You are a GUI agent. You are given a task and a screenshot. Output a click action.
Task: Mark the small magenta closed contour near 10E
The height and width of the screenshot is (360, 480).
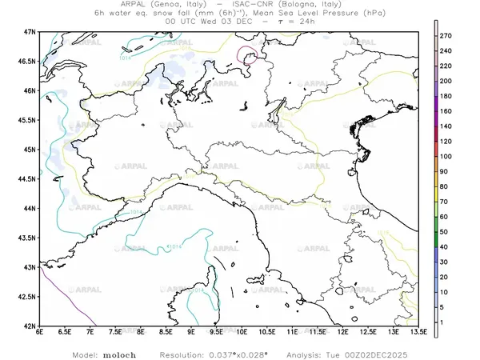[x=248, y=54]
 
